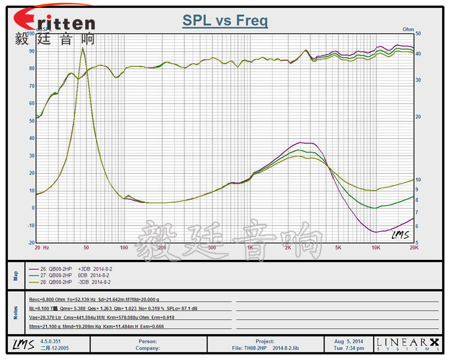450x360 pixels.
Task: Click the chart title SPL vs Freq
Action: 225,21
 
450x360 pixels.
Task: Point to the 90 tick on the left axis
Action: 31,51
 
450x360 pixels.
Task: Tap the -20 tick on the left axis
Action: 30,242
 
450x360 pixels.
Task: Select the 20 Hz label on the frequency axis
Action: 41,247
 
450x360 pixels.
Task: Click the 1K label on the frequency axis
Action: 250,247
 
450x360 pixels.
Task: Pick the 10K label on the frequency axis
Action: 376,247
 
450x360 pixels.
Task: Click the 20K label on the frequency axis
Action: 413,247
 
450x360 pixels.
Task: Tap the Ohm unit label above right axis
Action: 408,29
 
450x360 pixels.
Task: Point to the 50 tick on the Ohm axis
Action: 418,34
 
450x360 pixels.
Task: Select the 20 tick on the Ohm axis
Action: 418,117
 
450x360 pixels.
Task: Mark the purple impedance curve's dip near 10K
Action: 376,232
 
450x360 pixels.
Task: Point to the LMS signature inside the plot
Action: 400,235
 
